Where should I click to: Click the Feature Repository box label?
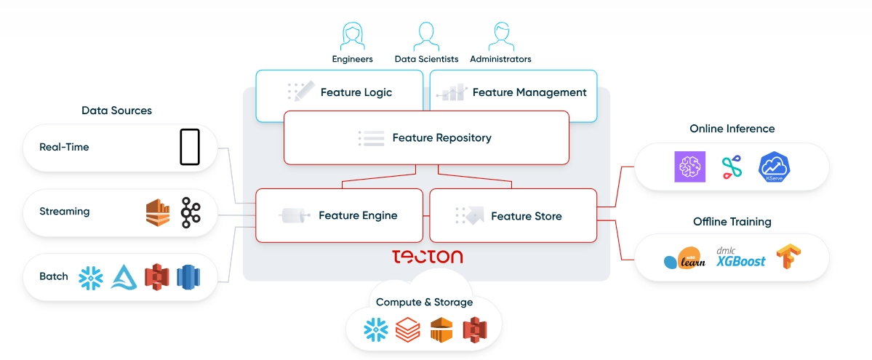click(441, 137)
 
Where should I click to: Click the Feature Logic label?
click(356, 92)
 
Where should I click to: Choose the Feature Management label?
click(529, 92)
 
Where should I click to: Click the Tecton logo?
click(427, 257)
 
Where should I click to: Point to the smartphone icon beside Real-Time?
click(190, 147)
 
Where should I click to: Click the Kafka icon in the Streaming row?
click(191, 211)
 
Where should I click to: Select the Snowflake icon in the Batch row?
click(91, 277)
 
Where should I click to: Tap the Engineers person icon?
click(352, 36)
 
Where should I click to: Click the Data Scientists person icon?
click(426, 36)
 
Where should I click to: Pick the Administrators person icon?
click(500, 36)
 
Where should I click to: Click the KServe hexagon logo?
click(774, 167)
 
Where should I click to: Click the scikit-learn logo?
click(685, 259)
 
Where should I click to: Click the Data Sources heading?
click(116, 111)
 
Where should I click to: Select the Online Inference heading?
click(732, 129)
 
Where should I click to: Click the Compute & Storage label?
click(424, 302)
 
